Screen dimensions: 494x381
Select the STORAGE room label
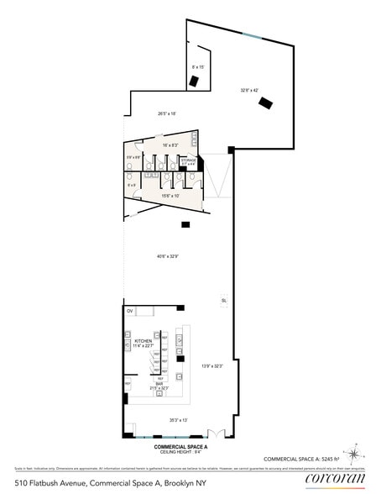pos(189,160)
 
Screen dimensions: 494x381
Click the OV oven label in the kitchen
pos(130,312)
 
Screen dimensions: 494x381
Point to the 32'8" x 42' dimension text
pos(251,89)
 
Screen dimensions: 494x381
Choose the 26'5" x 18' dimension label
pos(166,113)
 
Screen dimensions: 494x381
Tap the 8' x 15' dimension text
pos(198,66)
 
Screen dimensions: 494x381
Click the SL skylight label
pos(224,300)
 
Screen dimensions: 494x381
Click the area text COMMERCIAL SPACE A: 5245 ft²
pos(304,458)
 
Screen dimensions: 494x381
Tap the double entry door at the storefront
pos(218,434)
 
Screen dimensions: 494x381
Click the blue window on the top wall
pos(253,34)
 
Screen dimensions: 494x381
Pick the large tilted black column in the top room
pos(267,104)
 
